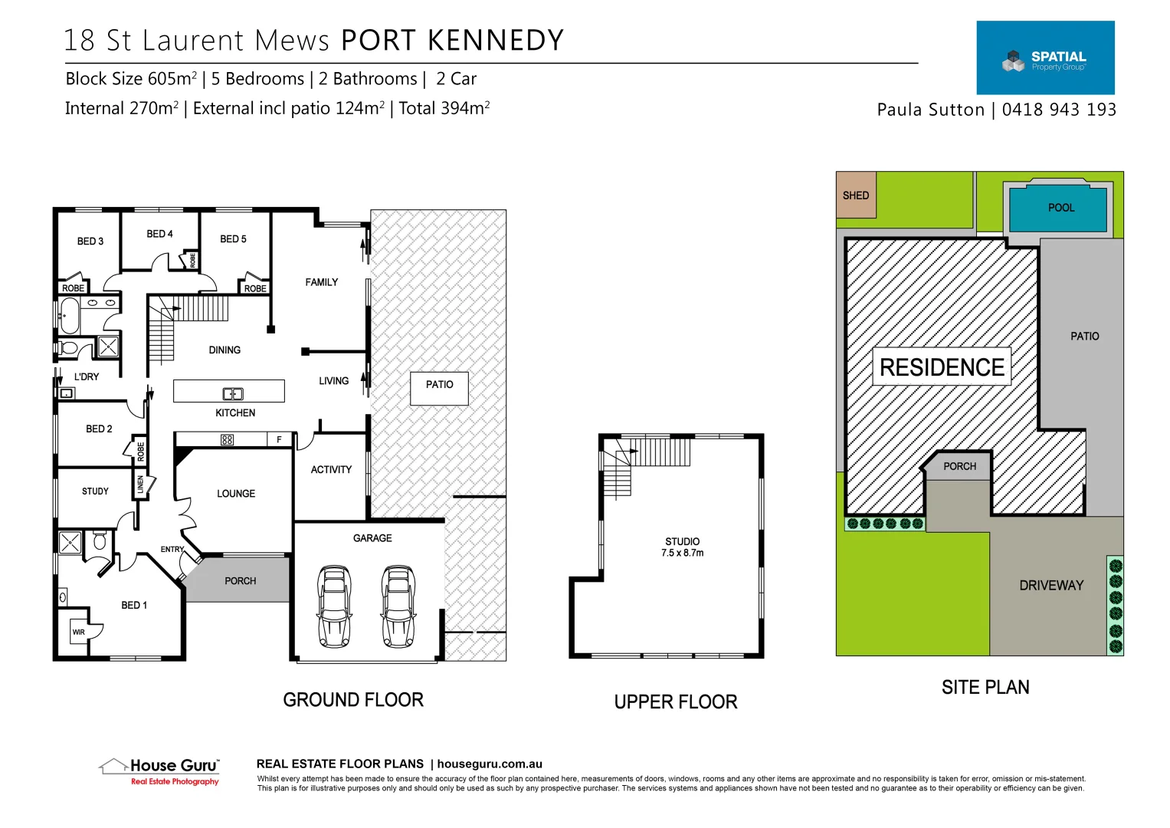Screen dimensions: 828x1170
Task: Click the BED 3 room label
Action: [x=90, y=242]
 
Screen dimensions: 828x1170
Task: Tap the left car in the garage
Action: [x=334, y=606]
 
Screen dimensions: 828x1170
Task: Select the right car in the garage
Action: [x=398, y=606]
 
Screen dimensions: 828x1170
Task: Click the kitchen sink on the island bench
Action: [x=233, y=394]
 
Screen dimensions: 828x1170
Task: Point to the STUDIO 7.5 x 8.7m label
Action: [x=682, y=547]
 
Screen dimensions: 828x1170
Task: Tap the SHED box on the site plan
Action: [x=856, y=195]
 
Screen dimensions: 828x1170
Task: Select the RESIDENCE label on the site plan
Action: [x=942, y=367]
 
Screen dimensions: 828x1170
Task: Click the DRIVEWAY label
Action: [x=1051, y=586]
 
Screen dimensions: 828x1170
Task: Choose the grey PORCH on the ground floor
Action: [x=240, y=581]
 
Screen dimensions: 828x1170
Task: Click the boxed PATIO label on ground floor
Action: [x=439, y=385]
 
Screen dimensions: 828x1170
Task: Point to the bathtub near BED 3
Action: [x=70, y=317]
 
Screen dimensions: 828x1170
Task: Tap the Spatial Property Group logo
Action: [x=1045, y=58]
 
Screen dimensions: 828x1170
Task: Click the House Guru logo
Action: [x=160, y=771]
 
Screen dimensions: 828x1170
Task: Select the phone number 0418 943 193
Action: [x=1059, y=110]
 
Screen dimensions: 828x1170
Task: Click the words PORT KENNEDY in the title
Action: [x=452, y=41]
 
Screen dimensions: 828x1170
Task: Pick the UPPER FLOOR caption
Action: [x=675, y=702]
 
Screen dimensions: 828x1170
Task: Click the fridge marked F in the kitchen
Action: [x=279, y=439]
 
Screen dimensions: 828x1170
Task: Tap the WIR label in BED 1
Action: [x=79, y=632]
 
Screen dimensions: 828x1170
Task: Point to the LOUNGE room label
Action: [x=236, y=494]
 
